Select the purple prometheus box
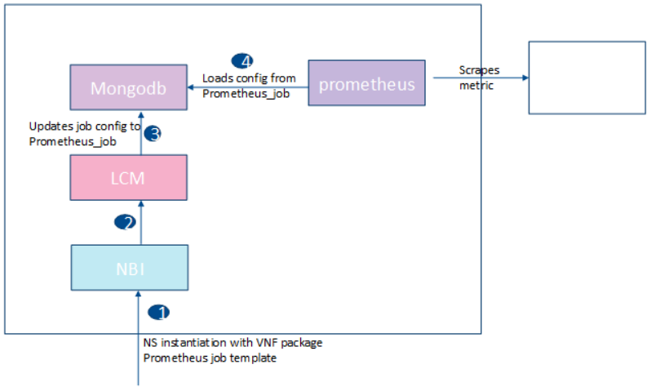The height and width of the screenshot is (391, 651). [x=366, y=82]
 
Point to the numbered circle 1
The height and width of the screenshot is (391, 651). [x=159, y=313]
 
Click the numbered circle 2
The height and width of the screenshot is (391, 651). [x=125, y=221]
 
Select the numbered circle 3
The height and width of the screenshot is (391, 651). [x=153, y=134]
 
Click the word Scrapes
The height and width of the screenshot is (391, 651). [x=479, y=70]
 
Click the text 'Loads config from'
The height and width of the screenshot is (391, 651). [x=249, y=78]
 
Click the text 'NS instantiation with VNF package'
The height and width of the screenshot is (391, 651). [x=232, y=343]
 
